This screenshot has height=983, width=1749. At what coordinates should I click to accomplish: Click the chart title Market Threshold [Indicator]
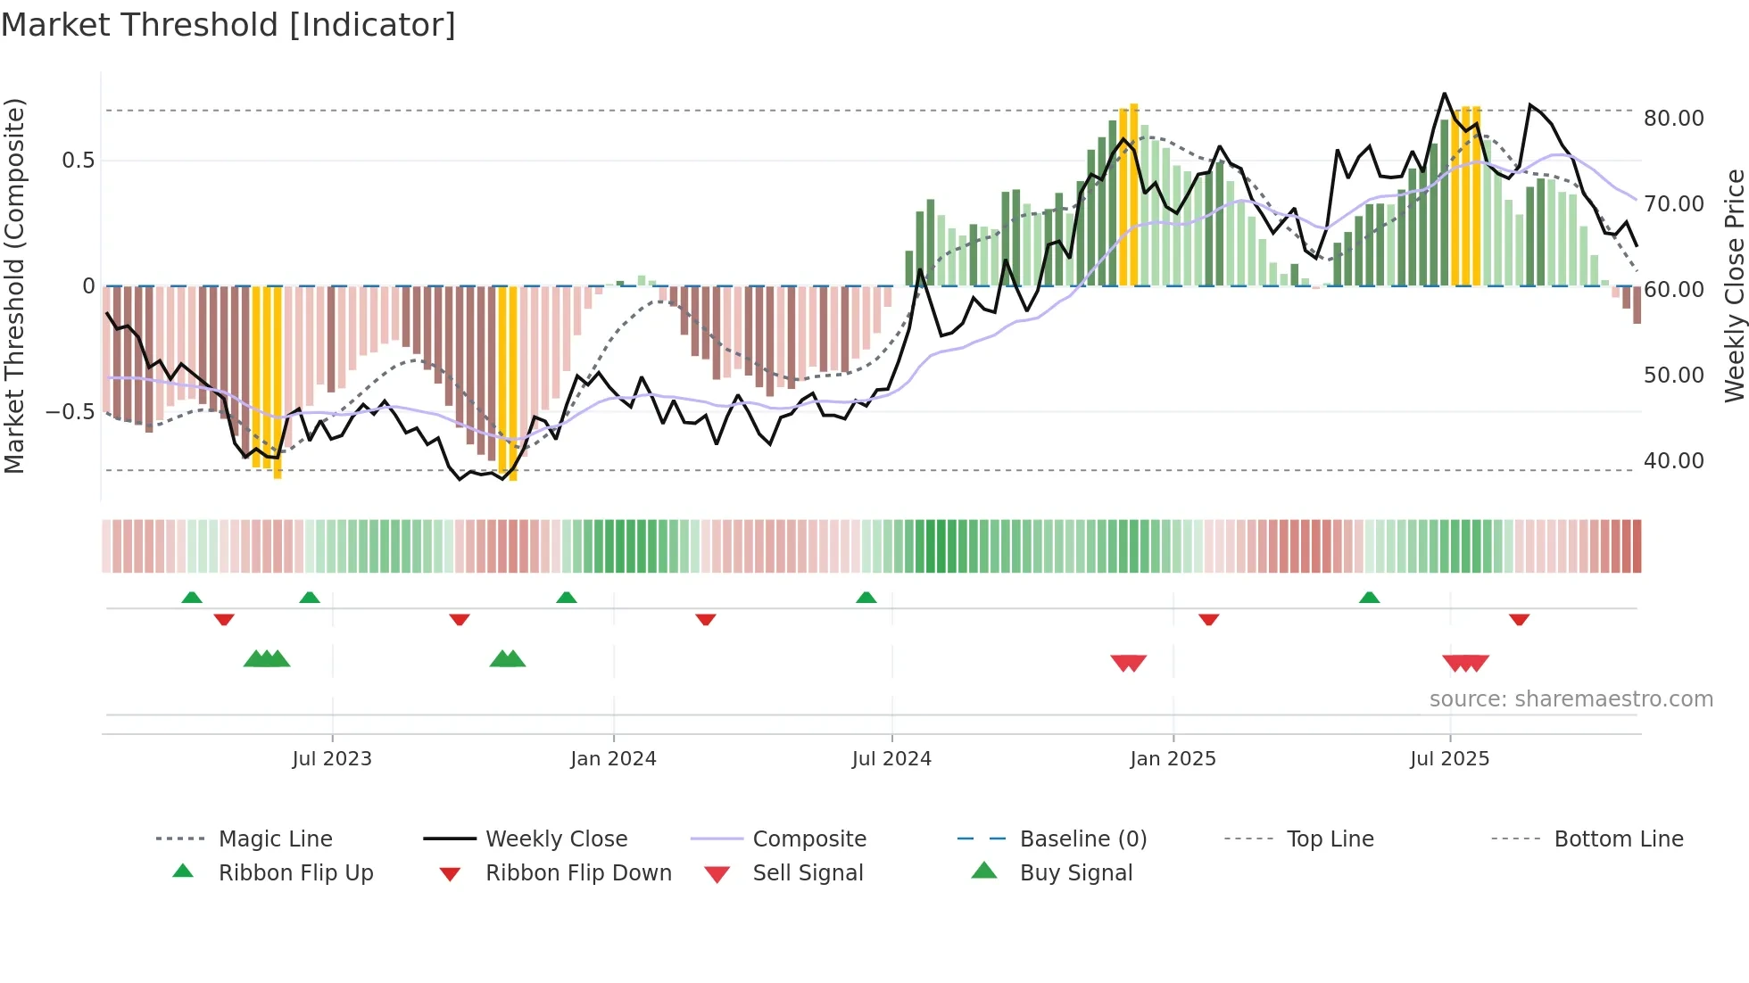tap(228, 25)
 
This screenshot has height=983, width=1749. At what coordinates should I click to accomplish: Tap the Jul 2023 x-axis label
tap(332, 759)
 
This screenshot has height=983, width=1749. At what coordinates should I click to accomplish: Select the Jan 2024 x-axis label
tap(613, 759)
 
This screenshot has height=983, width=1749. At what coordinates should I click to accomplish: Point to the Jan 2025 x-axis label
tap(1173, 759)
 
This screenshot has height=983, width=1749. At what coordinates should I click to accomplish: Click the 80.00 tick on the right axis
tap(1673, 119)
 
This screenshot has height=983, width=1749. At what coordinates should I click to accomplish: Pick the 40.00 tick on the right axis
tap(1673, 461)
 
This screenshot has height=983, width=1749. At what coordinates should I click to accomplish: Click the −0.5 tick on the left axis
tap(70, 412)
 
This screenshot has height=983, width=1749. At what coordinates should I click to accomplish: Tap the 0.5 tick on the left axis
tap(78, 161)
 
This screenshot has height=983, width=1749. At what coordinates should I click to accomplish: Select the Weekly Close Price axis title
tap(1734, 285)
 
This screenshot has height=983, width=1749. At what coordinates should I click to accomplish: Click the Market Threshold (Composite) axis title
tap(14, 285)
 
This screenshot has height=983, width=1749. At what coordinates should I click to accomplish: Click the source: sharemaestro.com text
tap(1571, 699)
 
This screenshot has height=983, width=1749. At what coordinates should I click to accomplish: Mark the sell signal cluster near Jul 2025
tap(1465, 663)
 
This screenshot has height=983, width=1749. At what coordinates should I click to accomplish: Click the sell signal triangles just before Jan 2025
tap(1128, 663)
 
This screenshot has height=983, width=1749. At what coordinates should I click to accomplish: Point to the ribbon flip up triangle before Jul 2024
tap(866, 597)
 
